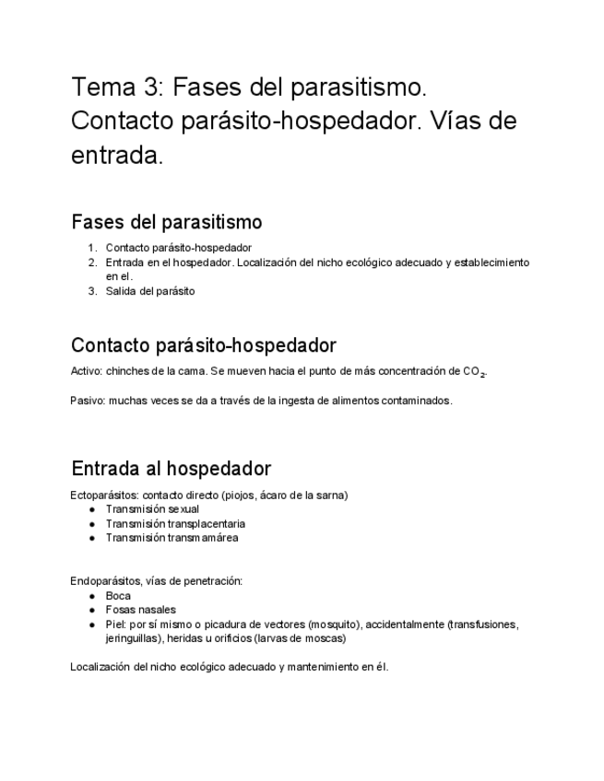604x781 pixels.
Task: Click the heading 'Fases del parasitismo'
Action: click(166, 222)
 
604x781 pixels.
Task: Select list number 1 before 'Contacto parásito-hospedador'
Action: click(92, 247)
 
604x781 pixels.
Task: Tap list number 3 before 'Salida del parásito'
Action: click(92, 291)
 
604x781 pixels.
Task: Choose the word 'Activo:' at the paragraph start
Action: click(87, 371)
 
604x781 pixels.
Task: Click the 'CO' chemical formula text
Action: click(471, 371)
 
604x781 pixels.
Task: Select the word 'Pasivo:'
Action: click(88, 401)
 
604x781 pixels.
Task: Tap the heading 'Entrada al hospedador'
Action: click(171, 468)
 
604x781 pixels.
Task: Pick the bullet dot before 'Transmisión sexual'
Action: click(92, 509)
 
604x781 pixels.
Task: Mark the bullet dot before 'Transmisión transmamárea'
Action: click(92, 538)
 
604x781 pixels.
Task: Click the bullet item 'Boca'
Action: click(118, 596)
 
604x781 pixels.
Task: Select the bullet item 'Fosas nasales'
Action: click(140, 610)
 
